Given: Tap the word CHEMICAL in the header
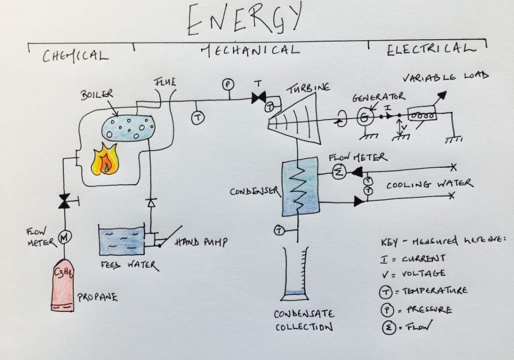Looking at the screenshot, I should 75,55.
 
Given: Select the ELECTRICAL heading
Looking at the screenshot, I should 431,50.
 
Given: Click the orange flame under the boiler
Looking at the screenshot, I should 104,160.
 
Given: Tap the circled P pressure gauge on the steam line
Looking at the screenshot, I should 227,84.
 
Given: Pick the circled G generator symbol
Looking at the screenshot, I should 363,118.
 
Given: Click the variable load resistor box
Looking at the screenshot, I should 422,115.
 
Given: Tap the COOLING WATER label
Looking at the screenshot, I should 429,184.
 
